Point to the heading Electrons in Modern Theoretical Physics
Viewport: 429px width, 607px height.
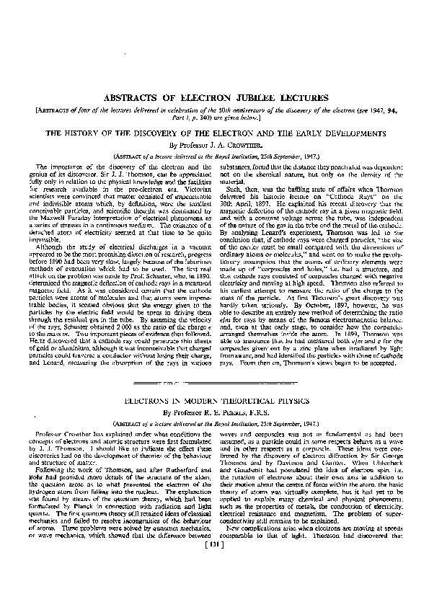tap(215, 399)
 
